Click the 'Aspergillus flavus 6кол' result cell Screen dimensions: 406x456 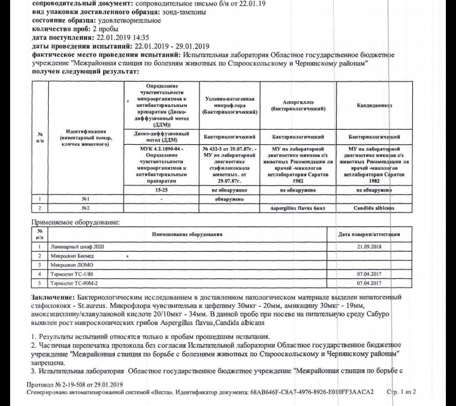[298, 208]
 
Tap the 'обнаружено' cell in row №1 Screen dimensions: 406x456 [228, 199]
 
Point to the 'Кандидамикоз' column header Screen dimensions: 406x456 [376, 105]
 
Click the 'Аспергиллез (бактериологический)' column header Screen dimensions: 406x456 [298, 105]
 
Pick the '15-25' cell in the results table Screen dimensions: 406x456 [162, 189]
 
